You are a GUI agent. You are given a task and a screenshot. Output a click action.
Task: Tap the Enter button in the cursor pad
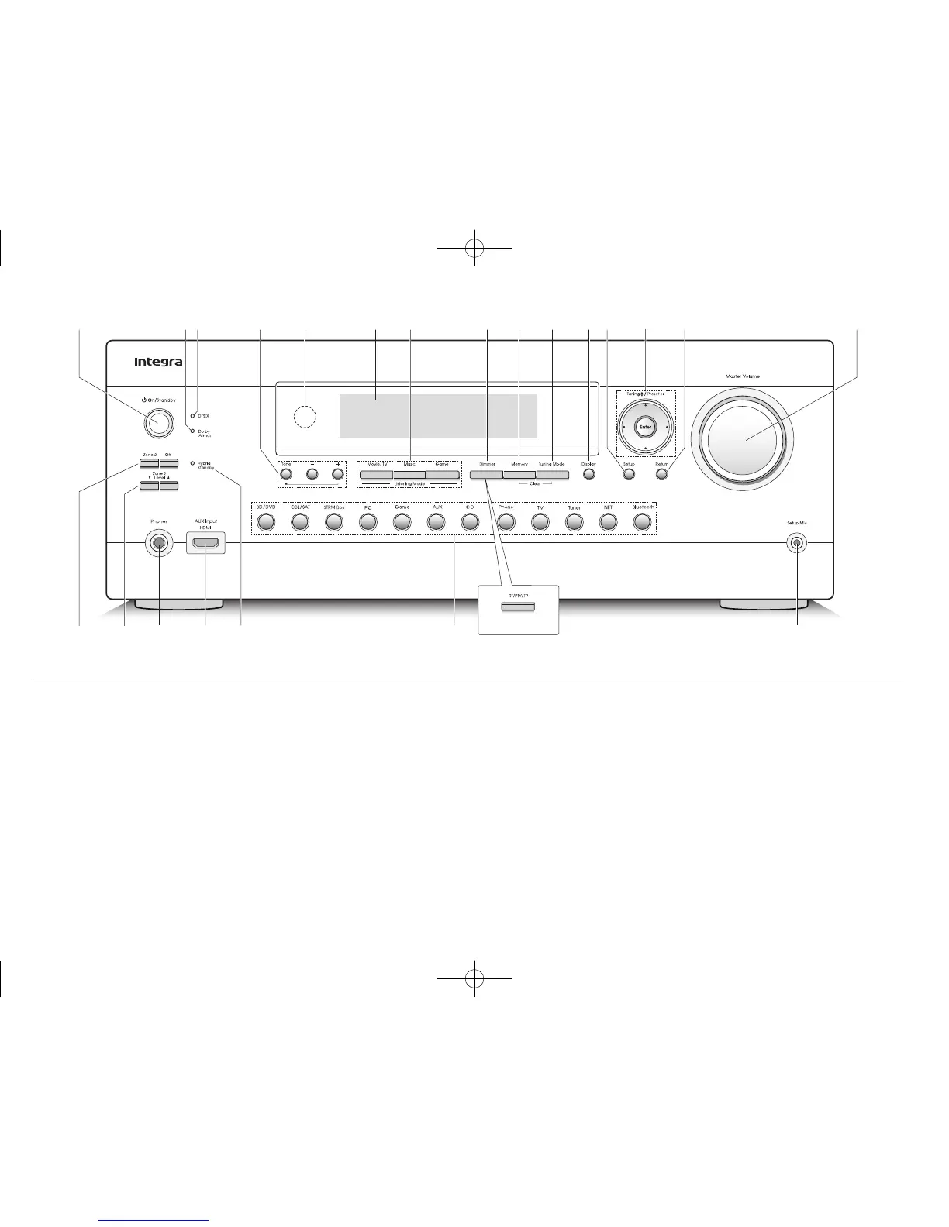645,426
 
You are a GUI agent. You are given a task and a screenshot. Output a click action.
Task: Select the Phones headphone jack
159,543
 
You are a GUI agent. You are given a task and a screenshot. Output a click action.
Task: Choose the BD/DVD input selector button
265,522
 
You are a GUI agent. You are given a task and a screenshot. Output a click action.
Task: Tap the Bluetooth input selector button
641,522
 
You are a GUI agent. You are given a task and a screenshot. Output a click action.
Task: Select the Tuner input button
573,522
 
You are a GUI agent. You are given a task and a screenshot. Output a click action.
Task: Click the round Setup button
628,474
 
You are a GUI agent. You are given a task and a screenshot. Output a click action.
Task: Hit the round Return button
661,474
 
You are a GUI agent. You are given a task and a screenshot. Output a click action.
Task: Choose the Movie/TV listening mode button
376,474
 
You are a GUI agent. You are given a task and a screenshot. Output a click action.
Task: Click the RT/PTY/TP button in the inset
518,604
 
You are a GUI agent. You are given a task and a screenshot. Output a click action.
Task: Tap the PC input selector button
368,522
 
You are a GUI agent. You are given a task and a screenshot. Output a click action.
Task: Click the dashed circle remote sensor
306,417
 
